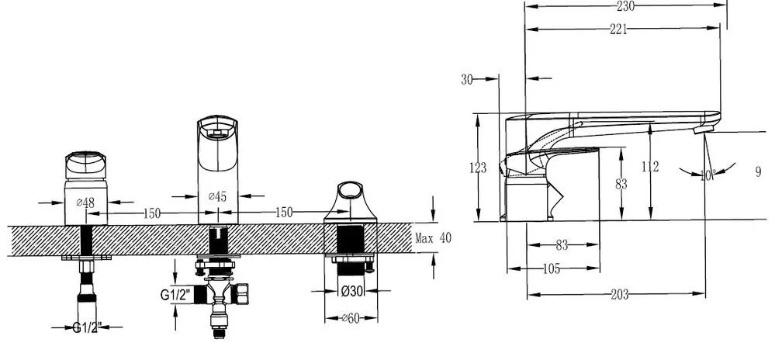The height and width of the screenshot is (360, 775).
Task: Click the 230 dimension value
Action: [x=625, y=6]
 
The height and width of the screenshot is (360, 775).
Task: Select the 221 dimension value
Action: [x=618, y=29]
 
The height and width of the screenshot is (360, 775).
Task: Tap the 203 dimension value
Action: [x=619, y=295]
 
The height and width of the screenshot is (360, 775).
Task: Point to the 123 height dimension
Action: [x=477, y=168]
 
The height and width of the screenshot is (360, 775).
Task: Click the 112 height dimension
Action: [x=650, y=167]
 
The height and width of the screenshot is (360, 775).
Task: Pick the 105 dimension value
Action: [x=551, y=269]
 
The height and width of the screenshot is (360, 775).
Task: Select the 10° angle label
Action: [x=708, y=175]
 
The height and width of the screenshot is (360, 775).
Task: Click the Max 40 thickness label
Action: [x=433, y=238]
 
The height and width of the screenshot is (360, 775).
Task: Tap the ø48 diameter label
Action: [x=85, y=202]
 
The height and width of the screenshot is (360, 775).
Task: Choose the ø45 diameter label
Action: [x=217, y=196]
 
